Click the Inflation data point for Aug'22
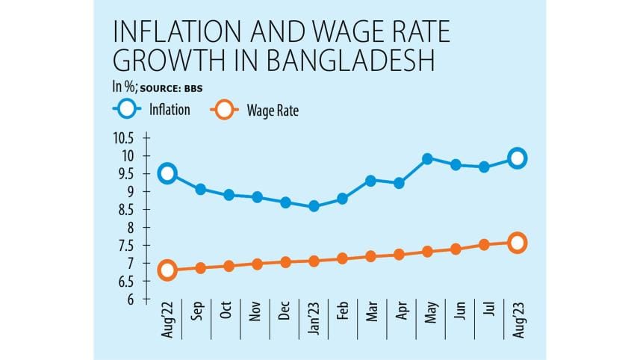point(168,173)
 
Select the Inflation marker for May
point(427,158)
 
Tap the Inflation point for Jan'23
point(314,205)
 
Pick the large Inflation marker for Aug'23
point(517,158)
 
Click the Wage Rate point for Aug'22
point(168,270)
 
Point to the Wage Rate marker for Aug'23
point(517,242)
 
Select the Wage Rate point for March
point(370,256)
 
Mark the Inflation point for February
point(342,199)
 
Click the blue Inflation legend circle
point(128,110)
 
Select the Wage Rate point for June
point(456,249)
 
